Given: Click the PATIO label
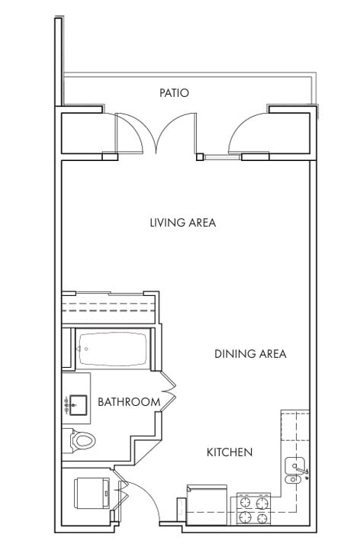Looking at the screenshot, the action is [174, 93].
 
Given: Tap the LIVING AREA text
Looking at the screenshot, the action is [183, 223].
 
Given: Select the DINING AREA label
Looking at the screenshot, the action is [250, 354].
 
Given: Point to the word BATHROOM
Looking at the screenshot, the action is [129, 402].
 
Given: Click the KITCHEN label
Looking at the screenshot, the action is [230, 452].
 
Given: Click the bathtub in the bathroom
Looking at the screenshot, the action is [113, 349].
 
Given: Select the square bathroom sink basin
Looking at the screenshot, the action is [78, 404].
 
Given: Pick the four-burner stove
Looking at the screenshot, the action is [254, 509].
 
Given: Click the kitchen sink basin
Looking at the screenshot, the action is [294, 466].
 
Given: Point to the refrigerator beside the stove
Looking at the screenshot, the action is [207, 504].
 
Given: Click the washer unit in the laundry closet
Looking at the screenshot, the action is [92, 494].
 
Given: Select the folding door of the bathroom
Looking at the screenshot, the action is [169, 391].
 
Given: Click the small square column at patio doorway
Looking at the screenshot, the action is [200, 157].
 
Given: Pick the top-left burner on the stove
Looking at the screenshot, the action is [246, 503].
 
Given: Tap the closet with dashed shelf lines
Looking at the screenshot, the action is [108, 309].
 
